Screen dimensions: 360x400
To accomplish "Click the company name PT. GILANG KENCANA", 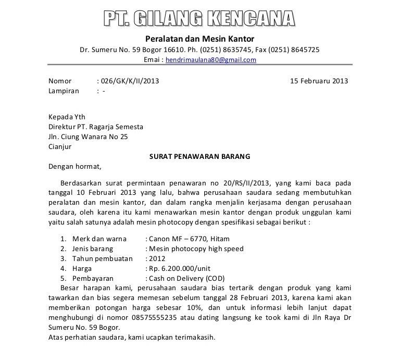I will tap(199, 19).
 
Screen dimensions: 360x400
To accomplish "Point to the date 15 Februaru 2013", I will tap(319, 81).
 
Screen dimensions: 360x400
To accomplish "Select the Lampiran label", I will tap(64, 91).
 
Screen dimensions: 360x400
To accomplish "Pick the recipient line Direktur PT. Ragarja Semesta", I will tap(96, 127).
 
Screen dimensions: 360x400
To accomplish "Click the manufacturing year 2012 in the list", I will tap(157, 258).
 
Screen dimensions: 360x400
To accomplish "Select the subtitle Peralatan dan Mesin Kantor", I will tap(199, 39).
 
